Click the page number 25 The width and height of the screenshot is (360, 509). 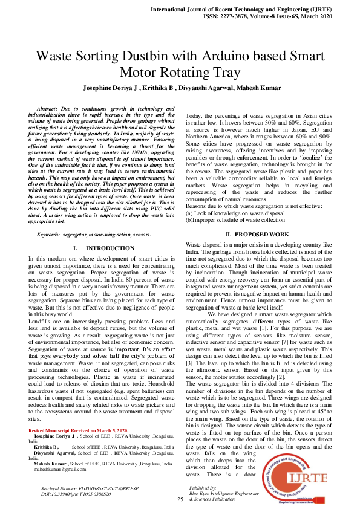click(180, 499)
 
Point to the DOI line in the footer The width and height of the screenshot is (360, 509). click(76, 494)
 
